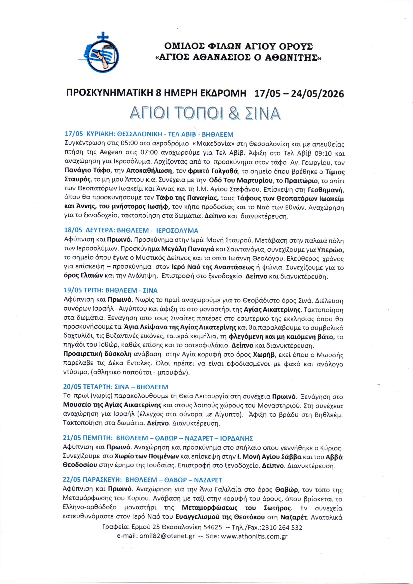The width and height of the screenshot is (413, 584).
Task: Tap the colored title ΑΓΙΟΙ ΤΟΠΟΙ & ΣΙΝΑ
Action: click(205, 113)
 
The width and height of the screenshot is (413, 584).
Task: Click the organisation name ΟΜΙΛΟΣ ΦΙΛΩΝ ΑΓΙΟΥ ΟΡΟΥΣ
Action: click(238, 46)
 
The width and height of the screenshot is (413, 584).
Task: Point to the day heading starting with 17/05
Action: click(149, 134)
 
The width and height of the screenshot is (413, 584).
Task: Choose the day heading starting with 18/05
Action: click(131, 230)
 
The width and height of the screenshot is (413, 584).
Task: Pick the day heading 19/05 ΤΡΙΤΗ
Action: click(110, 290)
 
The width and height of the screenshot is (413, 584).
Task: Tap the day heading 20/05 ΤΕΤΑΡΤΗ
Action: click(115, 387)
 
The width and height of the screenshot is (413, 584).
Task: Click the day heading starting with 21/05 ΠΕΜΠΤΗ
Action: click(158, 438)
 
